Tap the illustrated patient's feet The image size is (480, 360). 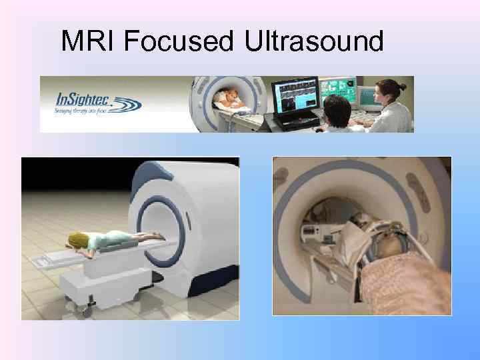pyautogui.click(x=160, y=235)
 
